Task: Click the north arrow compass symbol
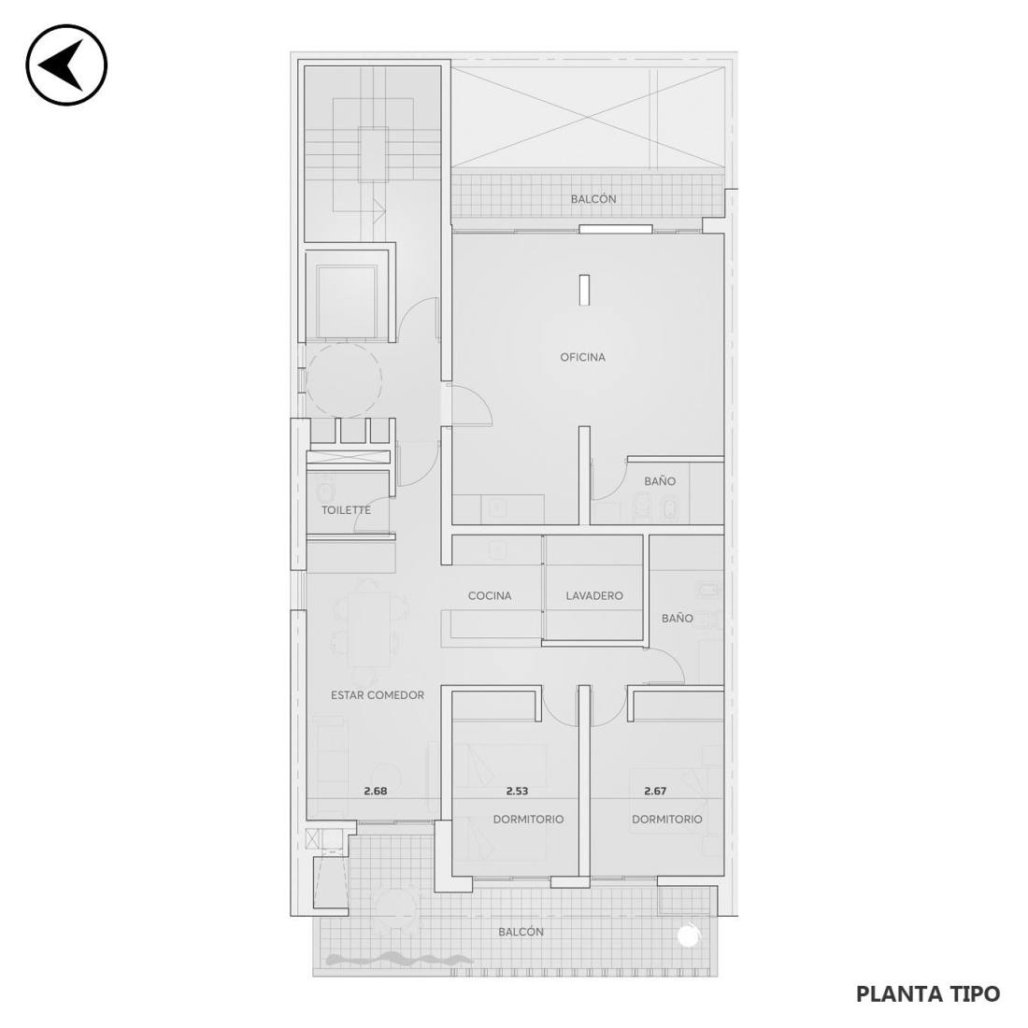tap(66, 64)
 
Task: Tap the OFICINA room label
tap(583, 357)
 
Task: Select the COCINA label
tap(490, 596)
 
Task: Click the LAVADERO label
tap(594, 596)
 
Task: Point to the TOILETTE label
tap(346, 510)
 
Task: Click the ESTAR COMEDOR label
tap(378, 695)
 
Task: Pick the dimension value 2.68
tap(376, 792)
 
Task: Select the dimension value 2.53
tap(518, 792)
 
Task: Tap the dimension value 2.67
tap(656, 792)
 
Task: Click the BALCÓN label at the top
tap(593, 199)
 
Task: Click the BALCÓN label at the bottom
tap(521, 932)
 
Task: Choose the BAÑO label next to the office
tap(660, 480)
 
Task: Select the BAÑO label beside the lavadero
tap(678, 618)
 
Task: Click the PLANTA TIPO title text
tap(928, 994)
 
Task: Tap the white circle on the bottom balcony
tap(688, 936)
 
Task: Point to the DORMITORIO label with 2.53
tap(528, 820)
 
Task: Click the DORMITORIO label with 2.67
tap(666, 820)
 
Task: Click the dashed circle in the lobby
tap(344, 380)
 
